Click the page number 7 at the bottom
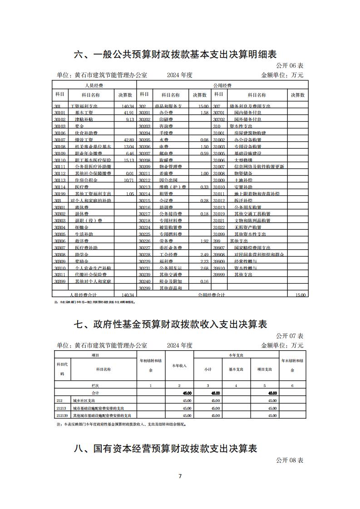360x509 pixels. pyautogui.click(x=180, y=476)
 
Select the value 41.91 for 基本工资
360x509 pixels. pyautogui.click(x=127, y=113)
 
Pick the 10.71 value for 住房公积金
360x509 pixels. pyautogui.click(x=128, y=181)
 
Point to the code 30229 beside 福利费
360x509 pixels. pyautogui.click(x=144, y=262)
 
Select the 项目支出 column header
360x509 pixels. pyautogui.click(x=264, y=369)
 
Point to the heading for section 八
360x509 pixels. pyautogui.click(x=166, y=449)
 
